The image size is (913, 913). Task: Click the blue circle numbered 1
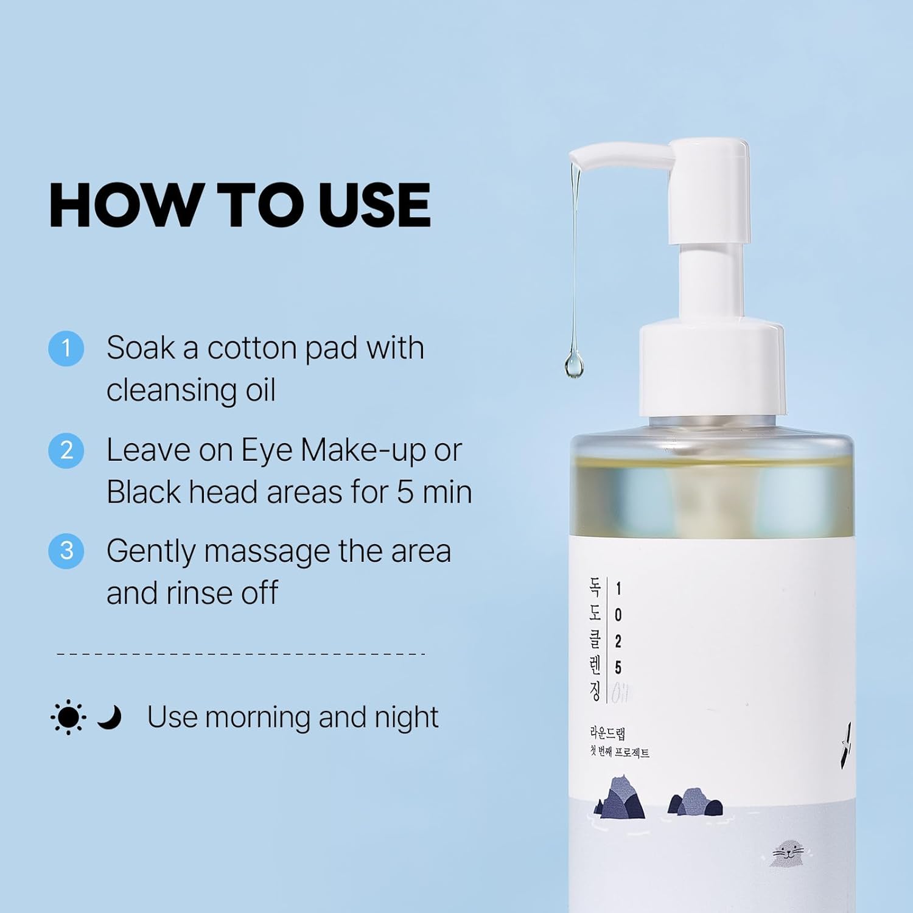(x=66, y=349)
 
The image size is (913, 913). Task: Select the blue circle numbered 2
(x=66, y=450)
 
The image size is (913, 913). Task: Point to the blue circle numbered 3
(x=66, y=551)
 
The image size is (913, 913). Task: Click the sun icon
(x=68, y=717)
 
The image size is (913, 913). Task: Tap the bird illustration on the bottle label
(x=845, y=745)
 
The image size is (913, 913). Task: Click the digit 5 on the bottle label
(x=618, y=668)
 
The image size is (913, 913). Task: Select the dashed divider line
(x=240, y=654)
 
